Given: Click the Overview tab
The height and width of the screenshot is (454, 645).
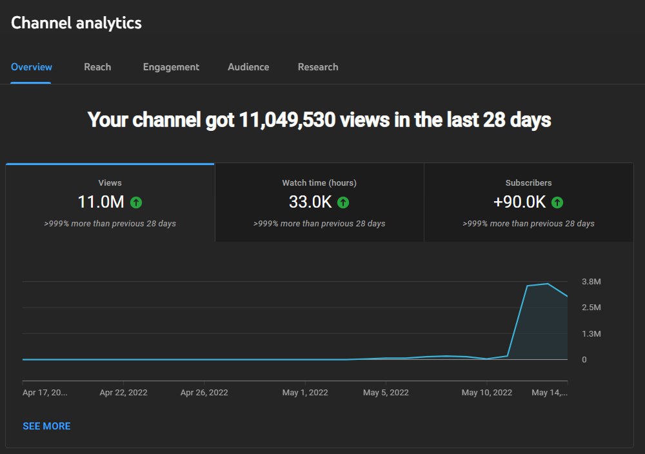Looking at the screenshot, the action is click(31, 67).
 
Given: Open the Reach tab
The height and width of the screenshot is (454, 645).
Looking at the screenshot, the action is click(97, 67).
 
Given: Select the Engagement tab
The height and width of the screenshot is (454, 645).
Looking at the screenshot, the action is click(171, 68).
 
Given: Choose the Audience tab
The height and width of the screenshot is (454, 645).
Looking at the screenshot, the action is click(248, 67).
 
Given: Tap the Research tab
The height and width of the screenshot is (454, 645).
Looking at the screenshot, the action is click(318, 67).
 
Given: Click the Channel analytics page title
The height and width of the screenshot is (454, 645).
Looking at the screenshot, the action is click(76, 23).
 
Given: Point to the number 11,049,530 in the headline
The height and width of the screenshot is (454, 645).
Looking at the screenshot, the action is click(287, 120).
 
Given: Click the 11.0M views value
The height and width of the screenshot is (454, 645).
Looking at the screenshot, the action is click(101, 202).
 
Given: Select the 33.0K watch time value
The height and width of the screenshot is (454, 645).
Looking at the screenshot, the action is click(310, 202).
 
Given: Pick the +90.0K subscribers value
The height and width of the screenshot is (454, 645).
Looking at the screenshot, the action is click(519, 202).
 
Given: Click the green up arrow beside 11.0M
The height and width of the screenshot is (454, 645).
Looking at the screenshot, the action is click(136, 202).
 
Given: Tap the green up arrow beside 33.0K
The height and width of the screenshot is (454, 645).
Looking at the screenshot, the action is click(343, 202).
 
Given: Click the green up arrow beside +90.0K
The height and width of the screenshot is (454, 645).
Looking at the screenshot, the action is click(557, 202).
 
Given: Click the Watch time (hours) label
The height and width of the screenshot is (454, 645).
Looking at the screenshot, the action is click(319, 183).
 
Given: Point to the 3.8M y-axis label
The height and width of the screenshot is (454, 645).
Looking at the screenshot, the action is click(591, 282).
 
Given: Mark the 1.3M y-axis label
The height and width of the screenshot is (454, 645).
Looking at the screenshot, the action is click(591, 333).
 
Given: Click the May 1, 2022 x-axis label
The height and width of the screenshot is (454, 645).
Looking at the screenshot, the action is click(305, 393).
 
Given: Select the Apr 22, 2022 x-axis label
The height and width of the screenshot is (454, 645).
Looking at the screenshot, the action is click(123, 393).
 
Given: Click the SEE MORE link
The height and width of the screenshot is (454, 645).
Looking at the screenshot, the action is click(46, 426).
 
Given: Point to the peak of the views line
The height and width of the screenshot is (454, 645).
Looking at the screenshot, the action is click(548, 283).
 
